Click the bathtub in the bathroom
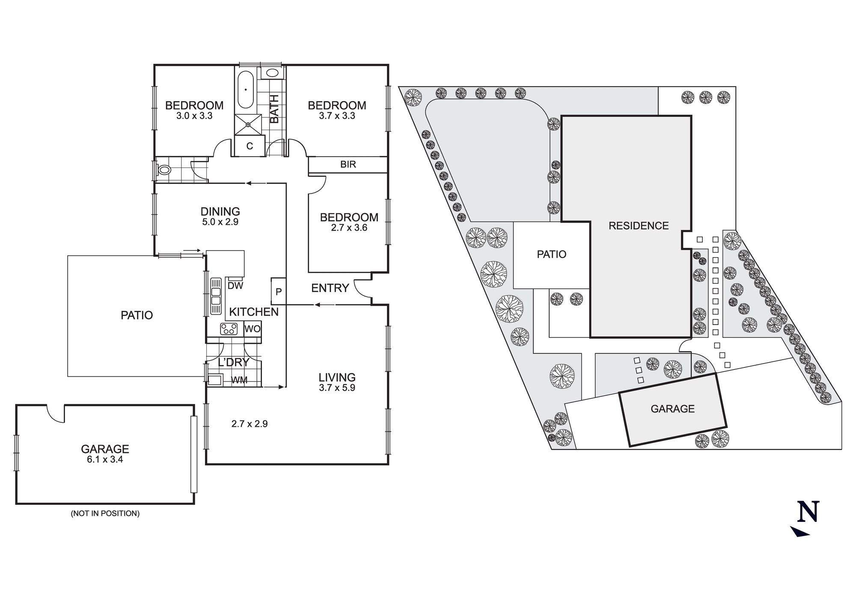coord(246,90)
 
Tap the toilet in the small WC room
coord(163,170)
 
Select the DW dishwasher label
coord(235,286)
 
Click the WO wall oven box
coord(253,329)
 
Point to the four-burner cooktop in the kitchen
coord(229,329)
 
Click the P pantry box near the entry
coord(279,292)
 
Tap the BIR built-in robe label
coord(348,164)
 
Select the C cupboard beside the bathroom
coord(250,146)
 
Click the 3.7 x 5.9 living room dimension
coord(337,388)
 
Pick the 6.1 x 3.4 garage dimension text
coord(105,460)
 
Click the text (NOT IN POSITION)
coord(105,513)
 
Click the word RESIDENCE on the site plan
coord(639,226)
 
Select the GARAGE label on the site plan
coord(672,409)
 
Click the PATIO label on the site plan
coord(551,254)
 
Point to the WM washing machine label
coord(239,380)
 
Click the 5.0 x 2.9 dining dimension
coord(220,222)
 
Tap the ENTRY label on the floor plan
coord(330,288)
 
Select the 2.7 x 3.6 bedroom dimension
coord(349,228)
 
